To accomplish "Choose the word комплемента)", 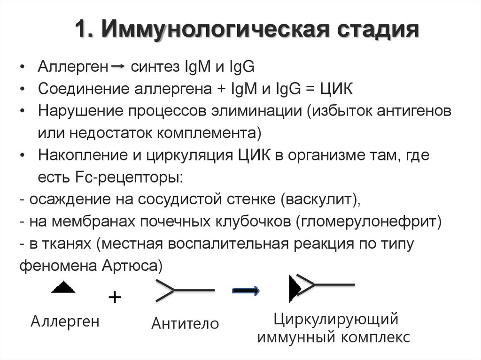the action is click(x=209, y=133).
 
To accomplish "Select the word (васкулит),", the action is click(x=322, y=199).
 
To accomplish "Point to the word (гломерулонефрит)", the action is click(x=369, y=222).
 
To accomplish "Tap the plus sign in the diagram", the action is click(x=114, y=298).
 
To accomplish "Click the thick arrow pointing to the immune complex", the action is click(x=246, y=291).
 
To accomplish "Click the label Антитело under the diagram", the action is click(x=185, y=323).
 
